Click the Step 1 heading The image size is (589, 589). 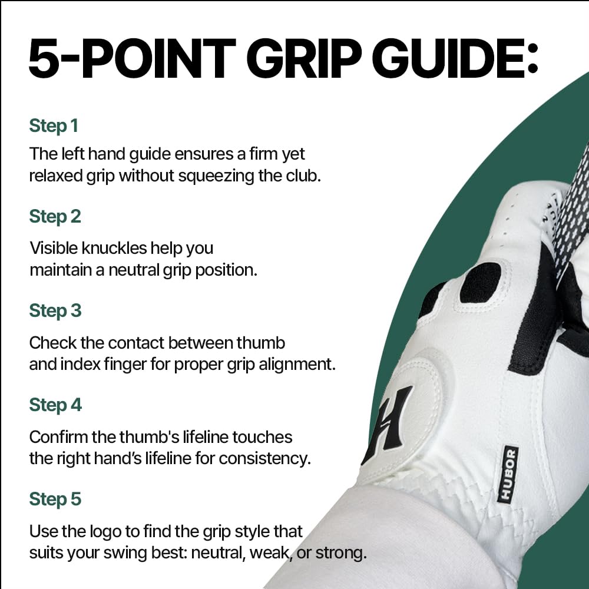[54, 126]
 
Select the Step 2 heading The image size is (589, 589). [55, 217]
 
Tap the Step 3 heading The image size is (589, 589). [55, 311]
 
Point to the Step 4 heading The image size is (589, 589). [55, 405]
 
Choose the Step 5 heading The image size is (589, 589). [55, 499]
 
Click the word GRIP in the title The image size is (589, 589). [303, 58]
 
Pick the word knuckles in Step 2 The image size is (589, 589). [114, 249]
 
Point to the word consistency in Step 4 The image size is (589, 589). [265, 459]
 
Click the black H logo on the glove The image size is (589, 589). [388, 425]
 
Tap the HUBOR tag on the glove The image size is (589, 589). [508, 474]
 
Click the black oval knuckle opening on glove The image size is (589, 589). [481, 283]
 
